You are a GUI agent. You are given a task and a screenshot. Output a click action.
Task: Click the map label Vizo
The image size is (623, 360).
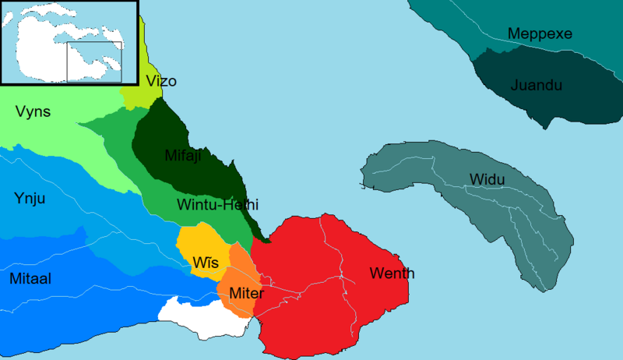(161, 81)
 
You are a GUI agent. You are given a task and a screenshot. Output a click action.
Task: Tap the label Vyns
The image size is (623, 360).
(33, 111)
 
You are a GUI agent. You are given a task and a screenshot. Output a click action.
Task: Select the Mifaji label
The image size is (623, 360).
(183, 156)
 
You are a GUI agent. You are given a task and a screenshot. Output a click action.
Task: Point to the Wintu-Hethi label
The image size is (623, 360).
(217, 205)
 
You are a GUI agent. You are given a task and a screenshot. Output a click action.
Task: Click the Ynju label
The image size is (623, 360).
(30, 199)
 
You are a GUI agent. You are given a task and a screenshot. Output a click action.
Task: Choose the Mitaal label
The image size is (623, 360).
(30, 278)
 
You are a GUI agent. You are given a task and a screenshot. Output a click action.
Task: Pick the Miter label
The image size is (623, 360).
(246, 294)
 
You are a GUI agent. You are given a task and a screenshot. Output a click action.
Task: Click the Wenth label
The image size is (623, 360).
(392, 274)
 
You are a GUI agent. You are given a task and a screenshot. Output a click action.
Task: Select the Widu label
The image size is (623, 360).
(487, 180)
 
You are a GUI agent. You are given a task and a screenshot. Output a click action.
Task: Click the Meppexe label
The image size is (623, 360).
(540, 34)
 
